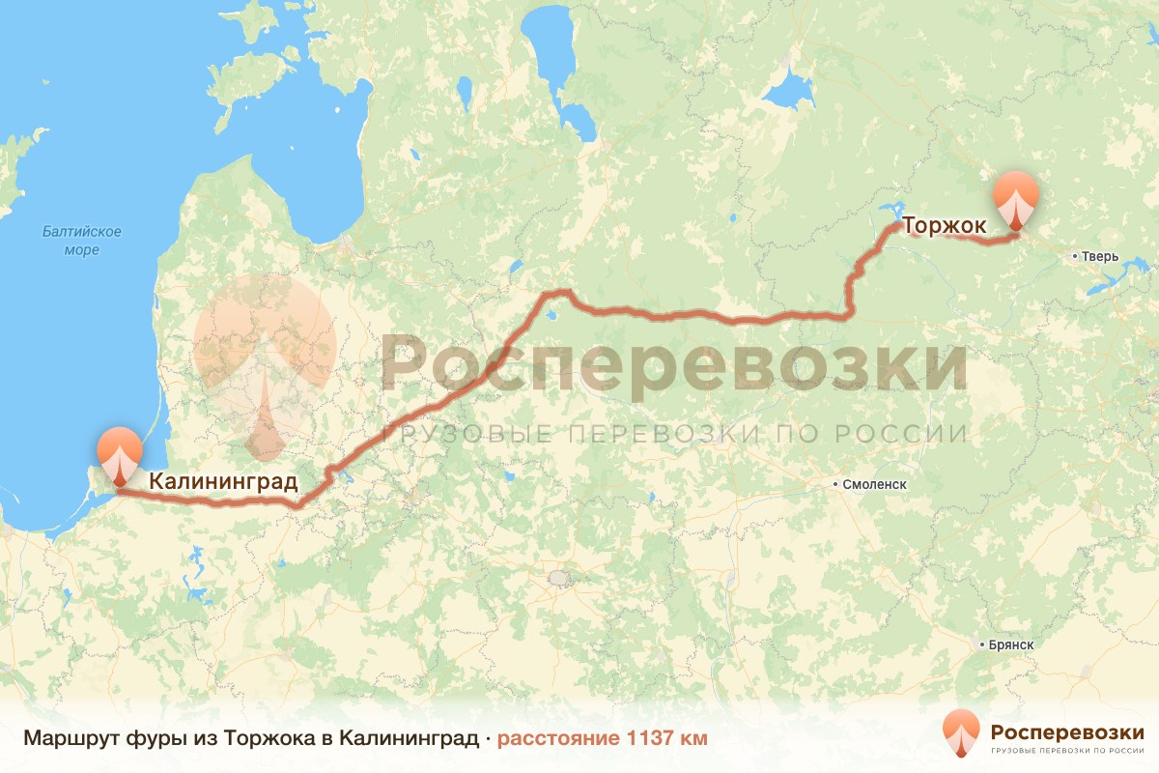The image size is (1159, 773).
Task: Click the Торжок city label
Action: (944, 226)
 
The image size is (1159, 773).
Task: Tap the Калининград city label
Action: (222, 480)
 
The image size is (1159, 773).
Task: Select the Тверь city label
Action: (1100, 257)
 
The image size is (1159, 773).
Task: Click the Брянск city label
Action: (1011, 644)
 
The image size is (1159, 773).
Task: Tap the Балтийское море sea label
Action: (81, 241)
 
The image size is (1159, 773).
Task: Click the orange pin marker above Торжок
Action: (1016, 199)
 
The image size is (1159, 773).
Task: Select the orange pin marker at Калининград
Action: (119, 453)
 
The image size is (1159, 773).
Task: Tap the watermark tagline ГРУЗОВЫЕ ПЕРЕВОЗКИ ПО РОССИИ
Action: (673, 433)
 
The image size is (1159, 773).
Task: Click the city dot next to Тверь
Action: (1074, 257)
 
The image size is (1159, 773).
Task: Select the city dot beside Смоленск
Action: (837, 482)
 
